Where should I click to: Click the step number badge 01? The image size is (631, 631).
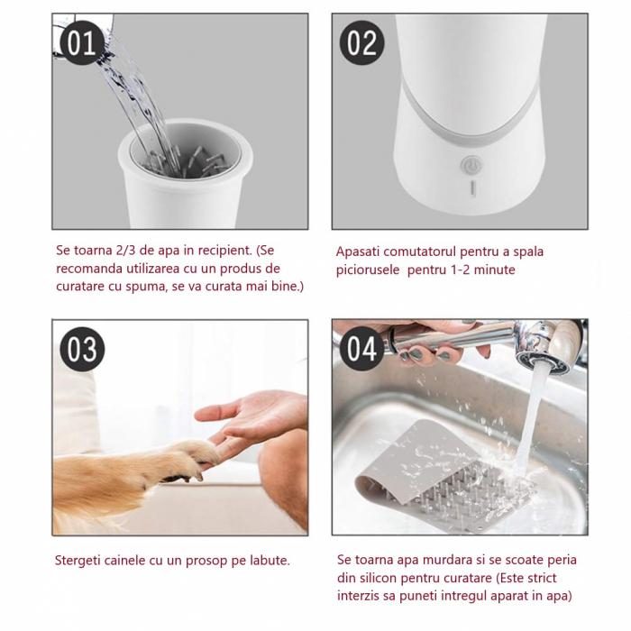click(x=82, y=41)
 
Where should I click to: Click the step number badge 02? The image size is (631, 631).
click(x=361, y=41)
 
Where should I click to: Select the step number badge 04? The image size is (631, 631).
click(x=361, y=349)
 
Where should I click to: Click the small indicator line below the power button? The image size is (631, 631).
click(x=470, y=188)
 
